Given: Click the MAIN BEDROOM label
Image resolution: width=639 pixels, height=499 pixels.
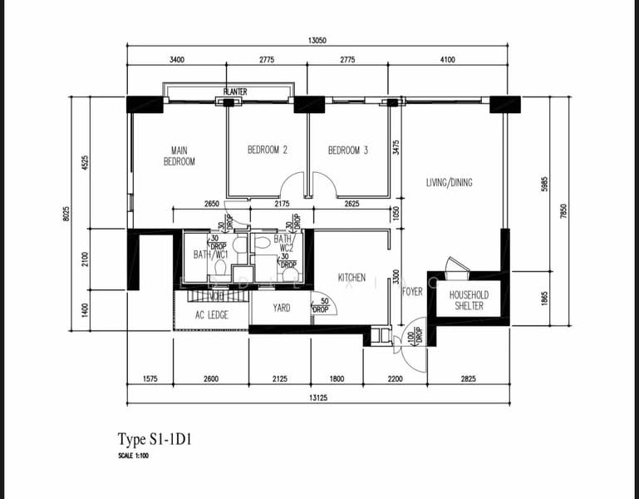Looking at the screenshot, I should pos(179,156).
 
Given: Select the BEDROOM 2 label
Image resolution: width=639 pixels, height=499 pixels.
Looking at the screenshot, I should pos(268,151).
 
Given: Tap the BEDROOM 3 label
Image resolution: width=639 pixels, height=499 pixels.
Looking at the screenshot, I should pos(347,151).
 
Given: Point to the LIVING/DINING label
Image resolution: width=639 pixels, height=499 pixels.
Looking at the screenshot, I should pos(449,182).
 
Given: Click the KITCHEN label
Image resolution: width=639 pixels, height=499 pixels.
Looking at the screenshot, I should pos(351,277).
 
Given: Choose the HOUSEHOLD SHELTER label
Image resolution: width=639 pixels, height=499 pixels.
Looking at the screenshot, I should pos(469,300).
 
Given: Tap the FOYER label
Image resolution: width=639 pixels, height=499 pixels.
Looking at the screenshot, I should pos(412,293).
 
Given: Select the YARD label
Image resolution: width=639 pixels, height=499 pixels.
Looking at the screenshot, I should pos(282,308).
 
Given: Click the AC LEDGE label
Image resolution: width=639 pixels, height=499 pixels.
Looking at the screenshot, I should pos(211,315).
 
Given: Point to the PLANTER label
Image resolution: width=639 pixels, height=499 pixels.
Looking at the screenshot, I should pos(235,91).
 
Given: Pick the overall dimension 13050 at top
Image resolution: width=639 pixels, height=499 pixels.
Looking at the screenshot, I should pos(316,39).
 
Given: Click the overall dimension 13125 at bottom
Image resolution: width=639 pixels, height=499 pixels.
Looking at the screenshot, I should pos(317,398).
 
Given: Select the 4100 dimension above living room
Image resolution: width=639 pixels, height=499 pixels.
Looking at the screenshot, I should pos(448,60).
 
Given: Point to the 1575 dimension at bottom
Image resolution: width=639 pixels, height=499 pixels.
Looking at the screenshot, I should pos(150,379).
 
